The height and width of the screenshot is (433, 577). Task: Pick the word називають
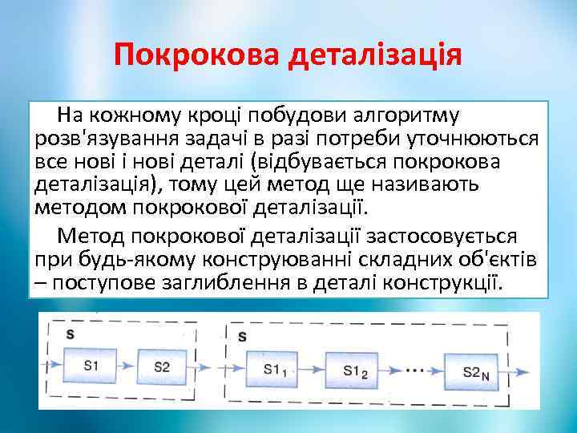click(x=434, y=185)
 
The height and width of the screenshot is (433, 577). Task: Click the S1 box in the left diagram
click(x=92, y=368)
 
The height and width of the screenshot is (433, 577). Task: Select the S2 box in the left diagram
click(x=161, y=368)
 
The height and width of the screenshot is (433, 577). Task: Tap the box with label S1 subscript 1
click(x=275, y=370)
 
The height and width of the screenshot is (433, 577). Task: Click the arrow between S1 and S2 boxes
click(x=127, y=368)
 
